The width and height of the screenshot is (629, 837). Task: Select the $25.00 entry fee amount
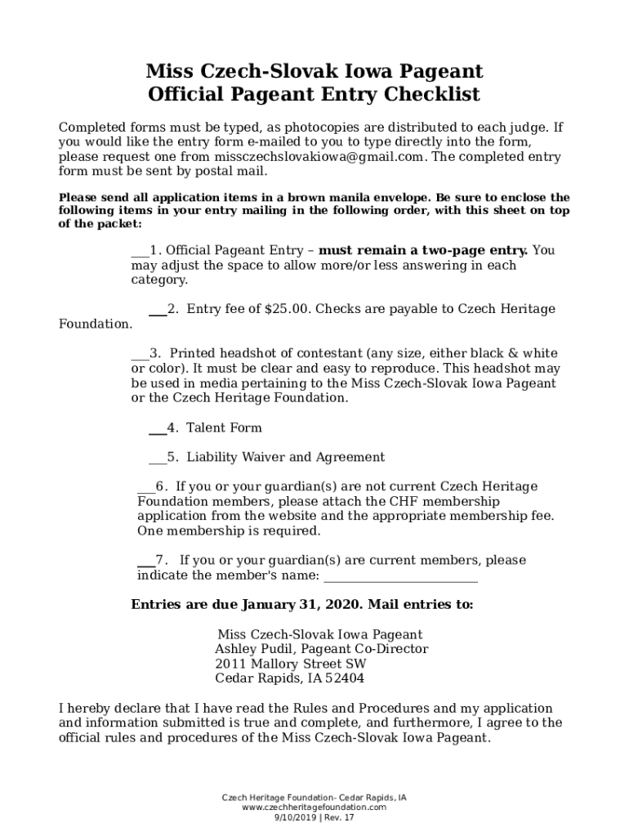pos(287,309)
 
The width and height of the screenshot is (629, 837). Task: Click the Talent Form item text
pos(224,427)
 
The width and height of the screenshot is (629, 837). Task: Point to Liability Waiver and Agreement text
pos(285,457)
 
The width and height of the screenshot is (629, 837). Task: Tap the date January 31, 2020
pos(302,605)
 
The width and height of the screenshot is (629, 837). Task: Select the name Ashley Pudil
pos(248,649)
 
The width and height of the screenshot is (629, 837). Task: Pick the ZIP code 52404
pos(345,678)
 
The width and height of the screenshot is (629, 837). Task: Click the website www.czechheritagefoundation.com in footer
pos(314,807)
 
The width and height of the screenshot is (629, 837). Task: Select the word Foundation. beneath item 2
pos(96,324)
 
